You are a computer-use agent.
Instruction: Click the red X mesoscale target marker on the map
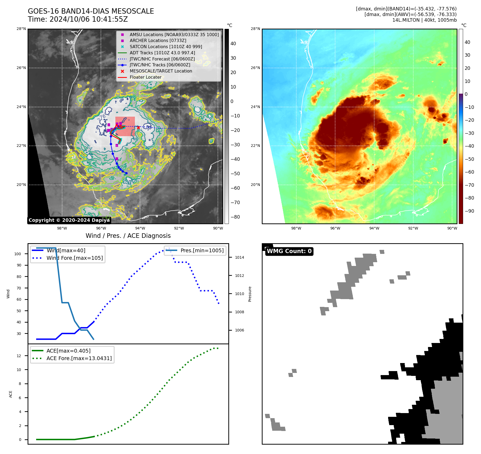click(138, 128)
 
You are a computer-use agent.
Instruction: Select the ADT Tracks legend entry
click(162, 53)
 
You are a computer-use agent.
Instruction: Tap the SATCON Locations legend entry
click(166, 47)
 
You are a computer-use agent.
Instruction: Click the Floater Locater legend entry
click(146, 77)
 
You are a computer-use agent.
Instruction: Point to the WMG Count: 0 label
click(289, 251)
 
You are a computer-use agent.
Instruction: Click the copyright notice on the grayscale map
click(69, 220)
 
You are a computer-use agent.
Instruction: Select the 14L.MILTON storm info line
click(424, 20)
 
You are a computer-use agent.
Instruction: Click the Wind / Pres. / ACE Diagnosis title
click(128, 236)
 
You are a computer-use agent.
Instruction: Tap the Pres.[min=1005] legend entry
click(202, 250)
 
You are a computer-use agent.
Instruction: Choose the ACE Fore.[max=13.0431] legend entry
click(79, 358)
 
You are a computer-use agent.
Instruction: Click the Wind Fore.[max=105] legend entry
click(74, 258)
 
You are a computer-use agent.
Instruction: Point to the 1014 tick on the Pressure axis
click(239, 257)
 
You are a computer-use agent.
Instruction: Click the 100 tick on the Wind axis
click(18, 254)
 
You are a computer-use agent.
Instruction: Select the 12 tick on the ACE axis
click(19, 356)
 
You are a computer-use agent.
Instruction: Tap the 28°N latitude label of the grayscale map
click(21, 29)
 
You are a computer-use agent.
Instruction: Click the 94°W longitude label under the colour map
click(374, 228)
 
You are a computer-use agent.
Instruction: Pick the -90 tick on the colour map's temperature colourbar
click(469, 211)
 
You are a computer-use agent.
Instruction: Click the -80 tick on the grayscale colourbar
click(235, 217)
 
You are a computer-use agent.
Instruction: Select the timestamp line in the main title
click(78, 19)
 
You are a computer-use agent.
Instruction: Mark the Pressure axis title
click(250, 294)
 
